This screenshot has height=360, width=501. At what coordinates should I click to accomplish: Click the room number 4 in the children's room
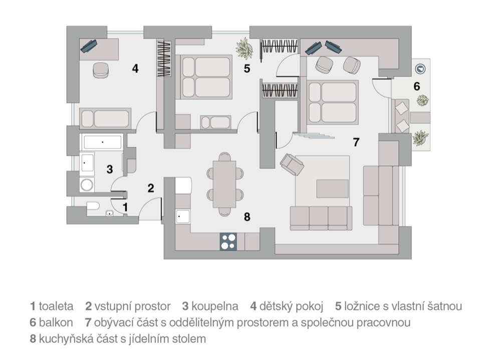pos(135,69)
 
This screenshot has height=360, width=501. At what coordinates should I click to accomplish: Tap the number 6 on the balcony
pos(417,86)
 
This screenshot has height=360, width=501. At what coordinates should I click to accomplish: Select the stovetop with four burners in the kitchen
pos(228,241)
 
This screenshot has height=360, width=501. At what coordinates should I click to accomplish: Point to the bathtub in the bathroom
pos(103,142)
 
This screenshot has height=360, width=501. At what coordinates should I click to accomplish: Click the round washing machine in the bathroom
pos(87,185)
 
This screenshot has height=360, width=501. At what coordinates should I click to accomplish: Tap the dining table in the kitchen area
pos(224,184)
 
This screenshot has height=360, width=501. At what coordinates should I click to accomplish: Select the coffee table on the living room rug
pos(333,189)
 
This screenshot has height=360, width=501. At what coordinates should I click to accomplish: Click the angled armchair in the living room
pos(292,164)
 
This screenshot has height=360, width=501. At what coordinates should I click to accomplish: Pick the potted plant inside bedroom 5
pos(244,49)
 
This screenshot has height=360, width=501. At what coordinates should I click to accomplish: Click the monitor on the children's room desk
pos(89,46)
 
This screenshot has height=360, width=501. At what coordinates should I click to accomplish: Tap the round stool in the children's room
pos(101,70)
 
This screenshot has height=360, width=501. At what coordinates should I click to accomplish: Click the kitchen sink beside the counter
pos(182,216)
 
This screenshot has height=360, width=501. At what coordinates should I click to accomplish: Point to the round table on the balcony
pos(420,69)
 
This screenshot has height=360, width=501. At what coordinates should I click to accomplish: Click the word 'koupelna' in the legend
pos(215,306)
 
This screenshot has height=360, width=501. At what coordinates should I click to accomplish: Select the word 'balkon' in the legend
pos(56,322)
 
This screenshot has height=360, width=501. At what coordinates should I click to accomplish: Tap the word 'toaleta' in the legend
pos(56,306)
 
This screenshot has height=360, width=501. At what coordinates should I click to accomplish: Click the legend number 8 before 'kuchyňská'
pos(33,338)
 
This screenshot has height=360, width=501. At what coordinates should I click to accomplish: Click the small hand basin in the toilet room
pos(110,213)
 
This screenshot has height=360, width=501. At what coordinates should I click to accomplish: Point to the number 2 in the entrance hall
pos(151,188)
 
